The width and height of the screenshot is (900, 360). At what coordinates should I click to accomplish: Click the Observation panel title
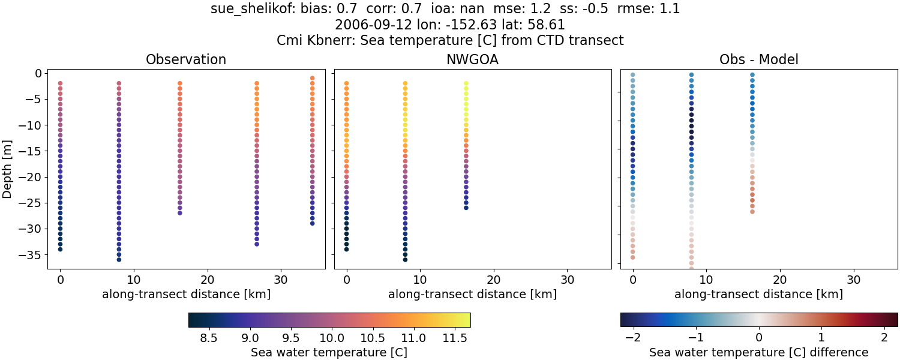(x=186, y=60)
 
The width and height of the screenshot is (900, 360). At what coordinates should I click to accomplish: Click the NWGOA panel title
(x=472, y=60)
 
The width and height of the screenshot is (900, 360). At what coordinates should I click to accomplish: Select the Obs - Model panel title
(x=758, y=60)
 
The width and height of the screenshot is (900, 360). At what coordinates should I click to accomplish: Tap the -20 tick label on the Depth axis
(x=31, y=177)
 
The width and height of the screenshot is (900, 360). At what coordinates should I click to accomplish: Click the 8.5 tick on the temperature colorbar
(x=208, y=338)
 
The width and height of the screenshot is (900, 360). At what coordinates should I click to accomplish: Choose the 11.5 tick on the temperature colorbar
(x=454, y=338)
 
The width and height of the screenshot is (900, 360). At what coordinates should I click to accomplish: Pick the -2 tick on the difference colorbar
(x=632, y=338)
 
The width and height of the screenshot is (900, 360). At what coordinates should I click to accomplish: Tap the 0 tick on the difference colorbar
(x=758, y=338)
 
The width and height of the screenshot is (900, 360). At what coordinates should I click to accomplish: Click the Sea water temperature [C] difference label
(x=758, y=353)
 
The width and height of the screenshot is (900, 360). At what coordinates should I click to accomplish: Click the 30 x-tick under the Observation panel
(x=281, y=280)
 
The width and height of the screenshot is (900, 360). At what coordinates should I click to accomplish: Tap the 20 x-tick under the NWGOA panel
(x=494, y=280)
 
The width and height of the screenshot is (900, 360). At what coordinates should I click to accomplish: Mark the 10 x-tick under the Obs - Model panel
(x=706, y=280)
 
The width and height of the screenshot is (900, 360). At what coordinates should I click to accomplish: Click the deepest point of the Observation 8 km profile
(x=119, y=259)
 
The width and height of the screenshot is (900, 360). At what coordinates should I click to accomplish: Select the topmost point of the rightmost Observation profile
(x=312, y=78)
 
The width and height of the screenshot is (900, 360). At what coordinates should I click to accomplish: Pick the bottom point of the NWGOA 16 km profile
(x=466, y=208)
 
